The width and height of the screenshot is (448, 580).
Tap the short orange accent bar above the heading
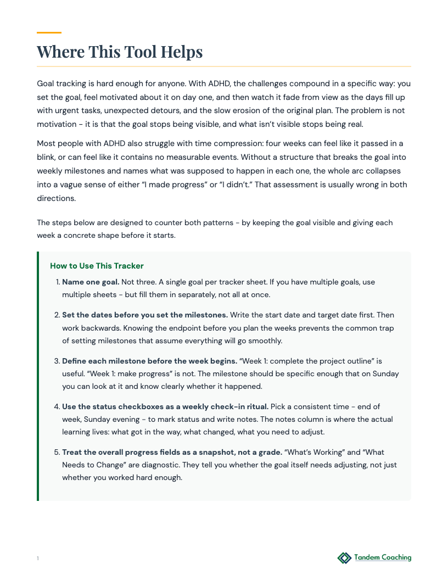49,33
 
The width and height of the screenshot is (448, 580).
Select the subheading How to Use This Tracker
97,266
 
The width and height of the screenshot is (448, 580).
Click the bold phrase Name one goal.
91,282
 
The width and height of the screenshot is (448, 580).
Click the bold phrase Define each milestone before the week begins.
149,361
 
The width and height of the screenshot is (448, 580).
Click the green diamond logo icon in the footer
344,558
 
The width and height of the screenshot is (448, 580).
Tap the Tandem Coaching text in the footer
382,557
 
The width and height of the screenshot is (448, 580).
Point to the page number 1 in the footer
38,559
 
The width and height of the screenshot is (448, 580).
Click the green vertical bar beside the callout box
38,376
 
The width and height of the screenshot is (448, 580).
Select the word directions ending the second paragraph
56,198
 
